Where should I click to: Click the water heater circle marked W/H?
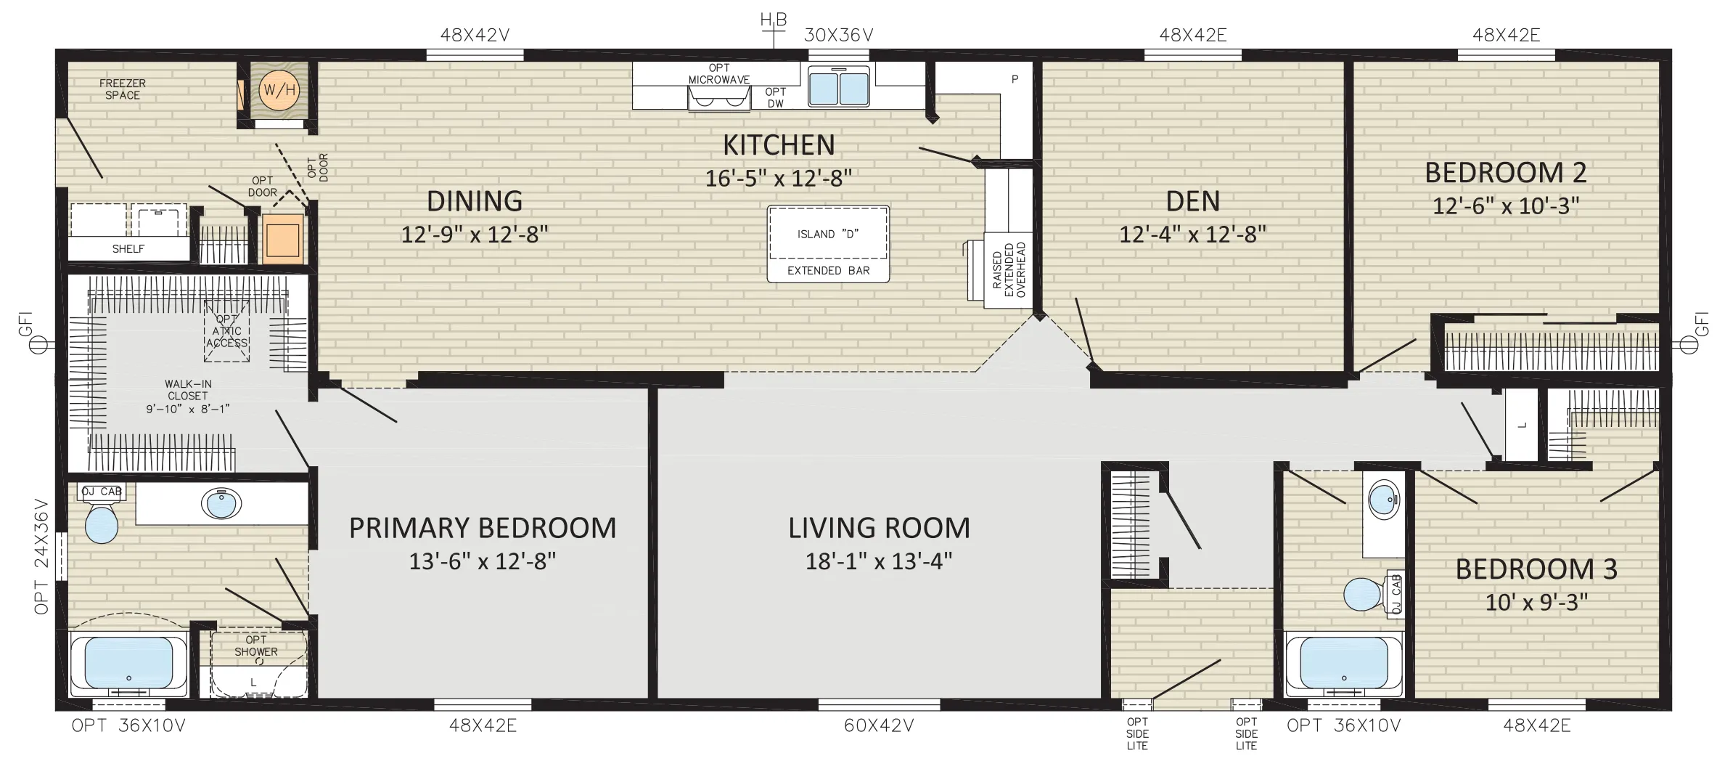(279, 91)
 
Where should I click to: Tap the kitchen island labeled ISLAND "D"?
(828, 244)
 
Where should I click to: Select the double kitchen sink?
(838, 86)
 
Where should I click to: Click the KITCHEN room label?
(779, 145)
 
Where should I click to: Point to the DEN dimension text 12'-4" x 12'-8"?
(1193, 234)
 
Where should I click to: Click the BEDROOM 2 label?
(1506, 173)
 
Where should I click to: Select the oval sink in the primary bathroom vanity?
(222, 504)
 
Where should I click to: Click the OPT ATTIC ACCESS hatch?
(227, 330)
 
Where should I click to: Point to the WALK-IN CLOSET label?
(188, 396)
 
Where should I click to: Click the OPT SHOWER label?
(256, 646)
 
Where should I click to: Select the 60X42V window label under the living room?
(879, 726)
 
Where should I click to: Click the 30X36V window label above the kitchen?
(838, 35)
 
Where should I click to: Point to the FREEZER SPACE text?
(123, 89)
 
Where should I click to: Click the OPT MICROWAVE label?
(719, 74)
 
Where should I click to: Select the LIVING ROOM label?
(879, 529)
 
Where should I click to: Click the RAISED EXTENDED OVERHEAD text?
(1009, 270)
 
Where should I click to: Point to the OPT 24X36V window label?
(41, 556)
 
